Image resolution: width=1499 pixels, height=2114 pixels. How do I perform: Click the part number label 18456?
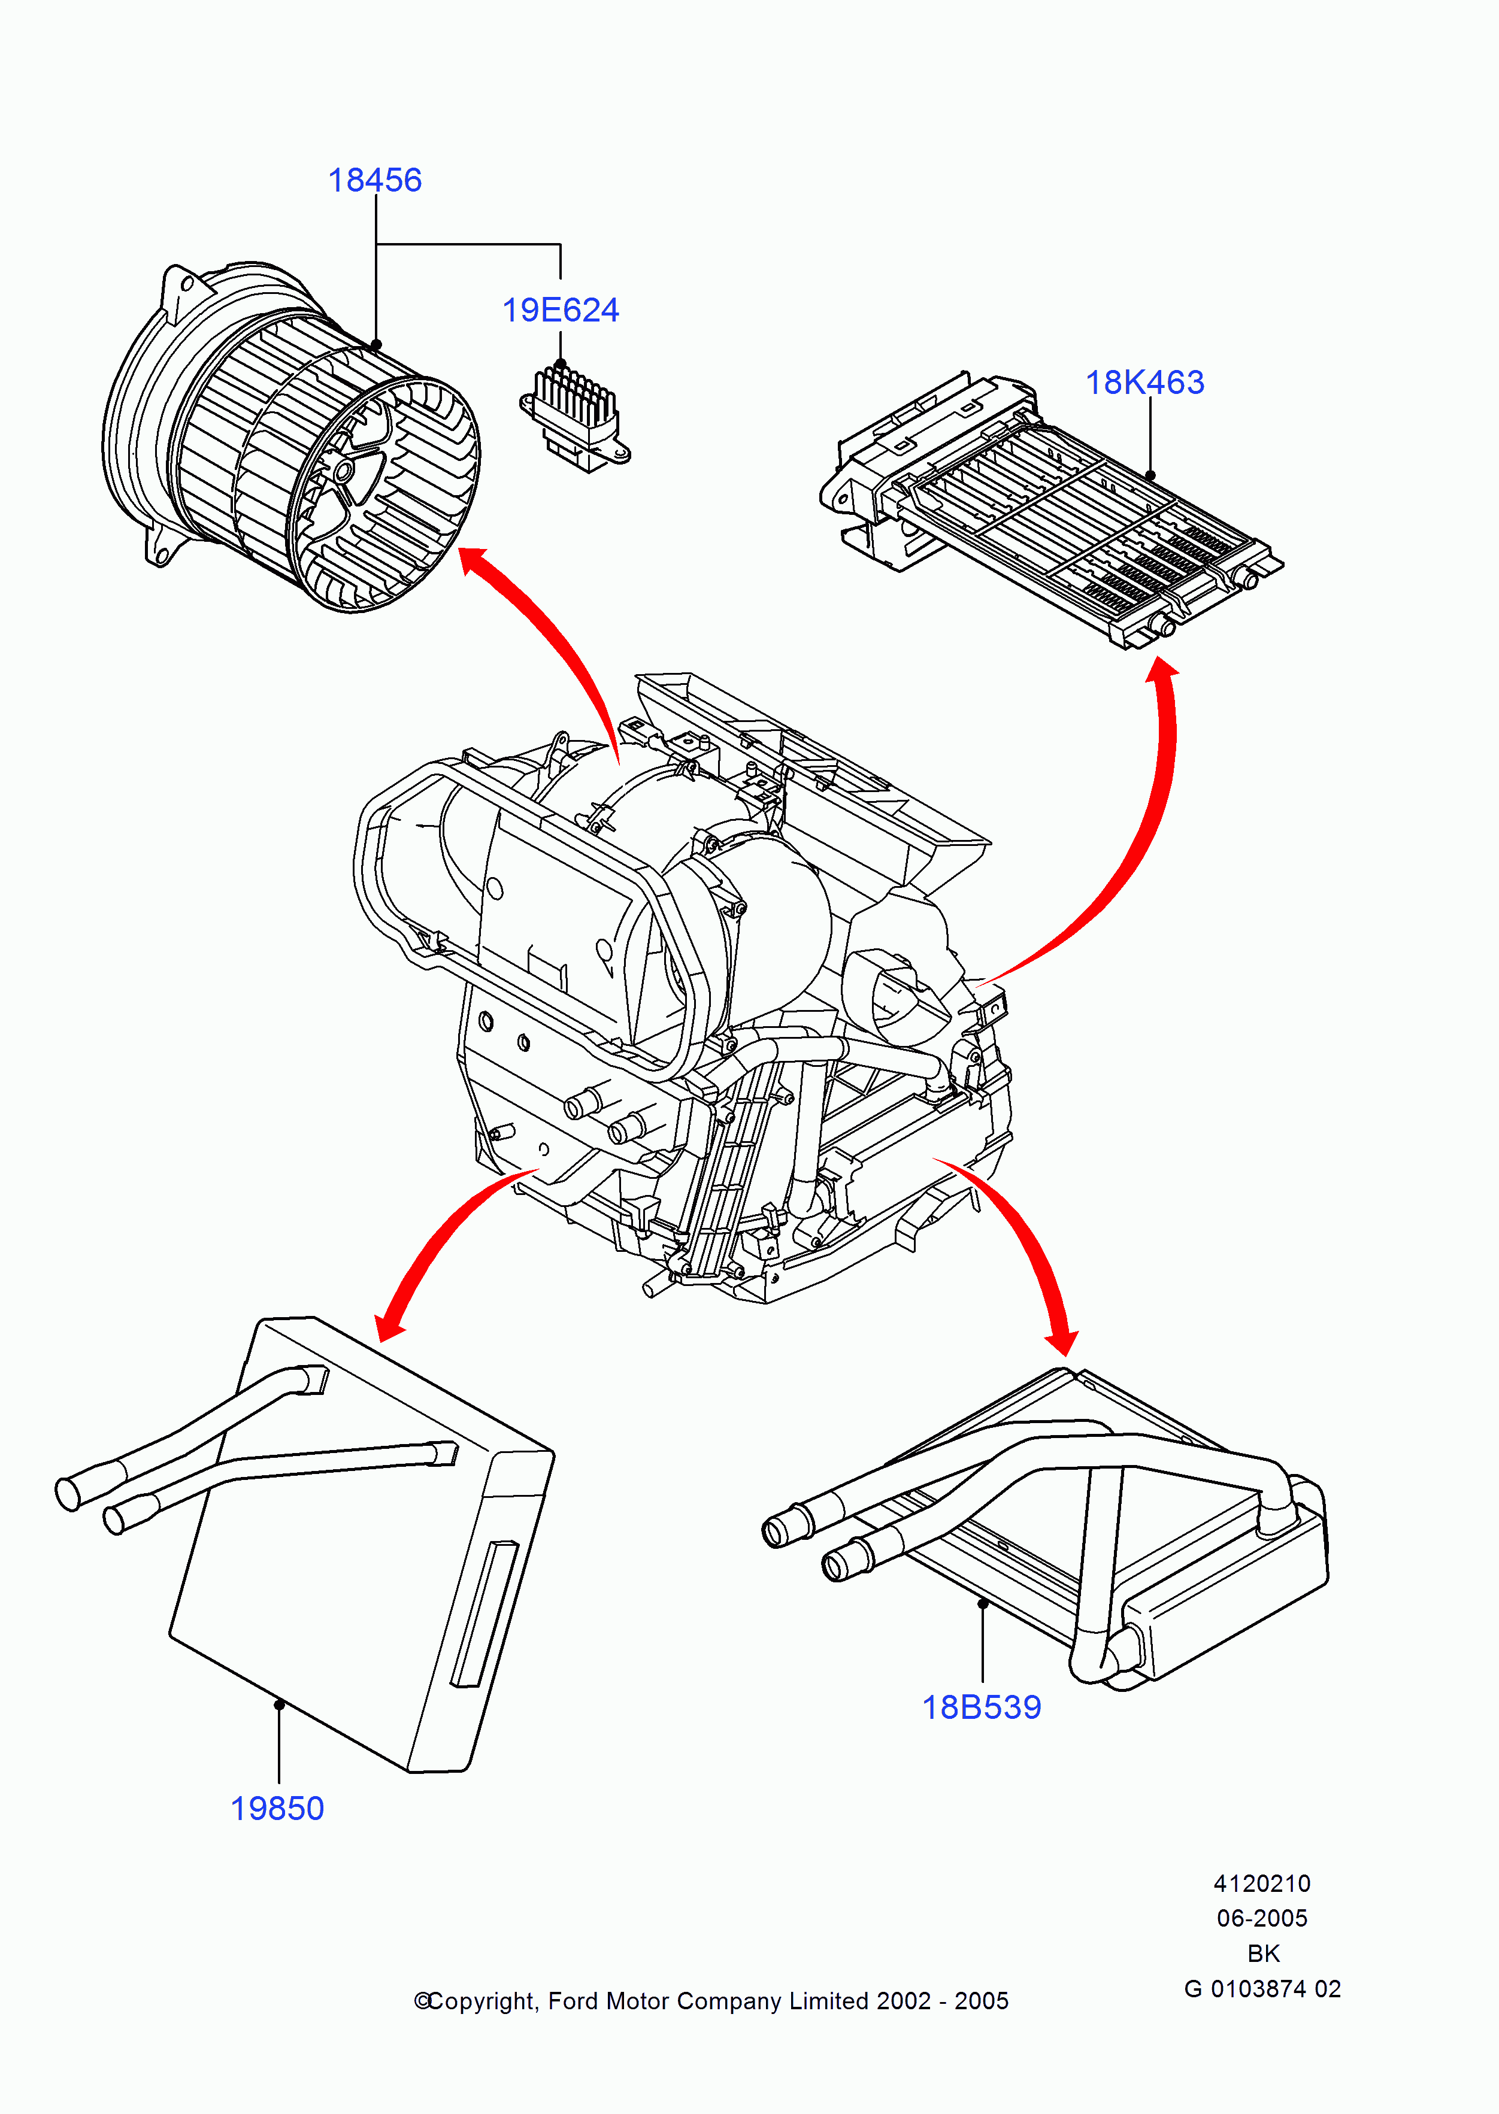point(375,180)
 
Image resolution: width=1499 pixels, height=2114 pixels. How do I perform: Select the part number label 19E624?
point(561,310)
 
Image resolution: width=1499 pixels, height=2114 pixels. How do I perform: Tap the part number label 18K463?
point(1144,382)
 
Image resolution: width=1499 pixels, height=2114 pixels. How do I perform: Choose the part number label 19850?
point(277,1809)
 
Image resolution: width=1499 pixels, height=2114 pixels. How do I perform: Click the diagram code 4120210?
point(1262,1884)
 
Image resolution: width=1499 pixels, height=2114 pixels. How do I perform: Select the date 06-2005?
point(1262,1918)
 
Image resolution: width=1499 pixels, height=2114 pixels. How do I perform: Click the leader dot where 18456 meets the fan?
point(375,345)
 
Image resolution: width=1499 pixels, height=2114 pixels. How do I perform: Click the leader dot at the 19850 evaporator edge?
point(278,1704)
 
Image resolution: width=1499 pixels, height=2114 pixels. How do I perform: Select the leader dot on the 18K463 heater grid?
point(1150,475)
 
